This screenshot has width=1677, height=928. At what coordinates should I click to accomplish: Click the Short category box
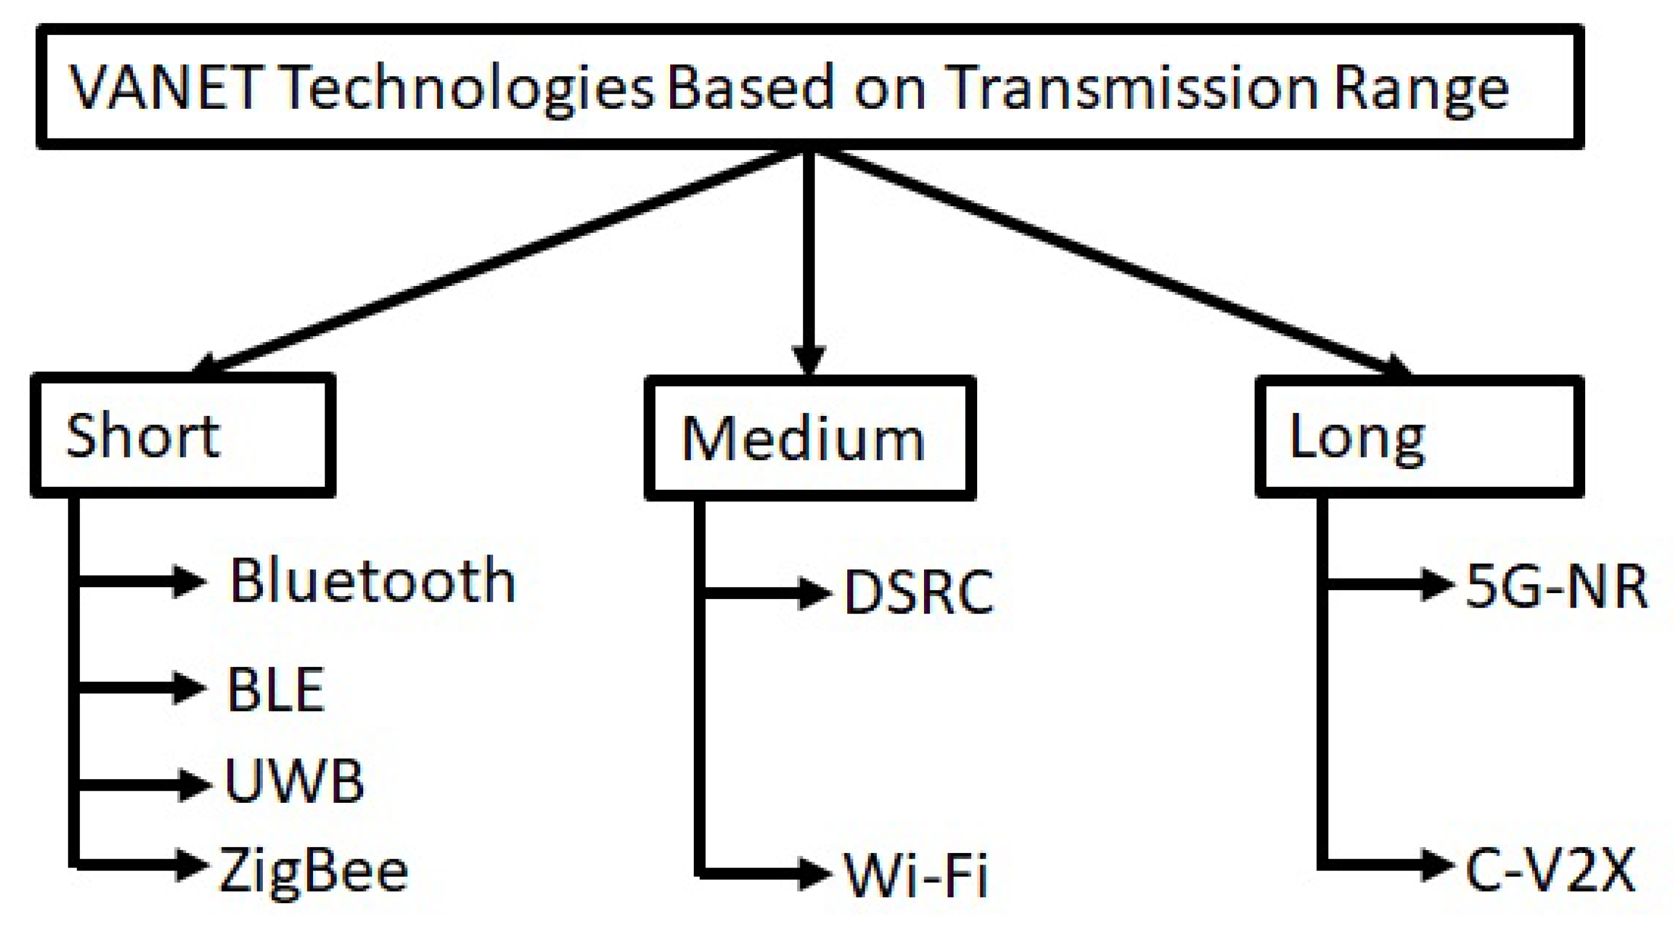tap(183, 435)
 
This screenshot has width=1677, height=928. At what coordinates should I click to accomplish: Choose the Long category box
tap(1419, 436)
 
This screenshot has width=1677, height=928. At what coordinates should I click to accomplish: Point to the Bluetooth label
tap(372, 581)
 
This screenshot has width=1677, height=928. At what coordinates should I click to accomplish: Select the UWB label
tap(294, 781)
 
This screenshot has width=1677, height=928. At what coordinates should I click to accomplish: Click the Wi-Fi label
tap(916, 875)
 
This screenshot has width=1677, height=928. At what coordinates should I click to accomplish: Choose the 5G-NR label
tap(1557, 586)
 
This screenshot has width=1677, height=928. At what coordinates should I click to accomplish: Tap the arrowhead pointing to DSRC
tap(814, 592)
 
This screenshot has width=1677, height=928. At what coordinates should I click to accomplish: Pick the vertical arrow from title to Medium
tap(809, 261)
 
